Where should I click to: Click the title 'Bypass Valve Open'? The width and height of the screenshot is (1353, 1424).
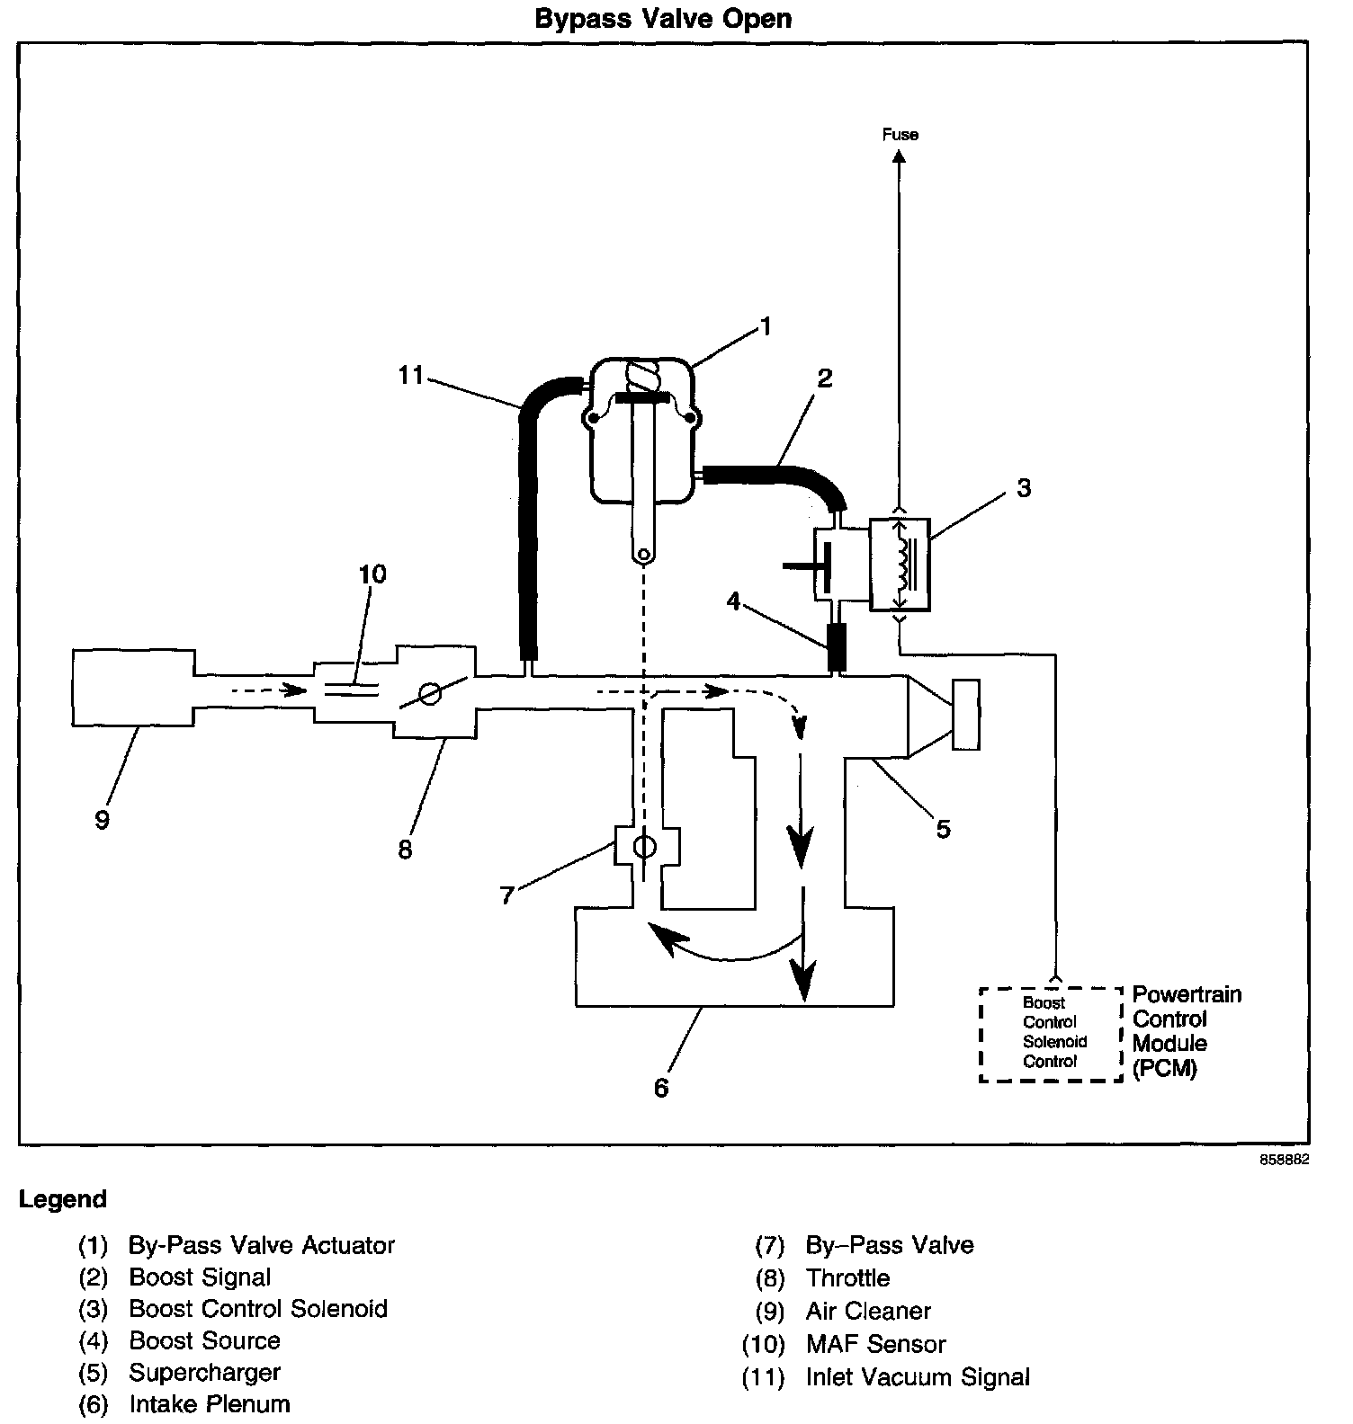click(x=663, y=19)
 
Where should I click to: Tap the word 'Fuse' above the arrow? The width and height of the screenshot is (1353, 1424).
click(x=900, y=135)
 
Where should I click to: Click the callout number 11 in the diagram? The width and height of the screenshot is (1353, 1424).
click(x=411, y=375)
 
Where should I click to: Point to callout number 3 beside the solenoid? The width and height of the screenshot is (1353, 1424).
click(x=1024, y=488)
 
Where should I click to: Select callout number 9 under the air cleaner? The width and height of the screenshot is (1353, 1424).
click(x=102, y=819)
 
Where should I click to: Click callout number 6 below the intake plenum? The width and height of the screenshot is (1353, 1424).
click(x=661, y=1088)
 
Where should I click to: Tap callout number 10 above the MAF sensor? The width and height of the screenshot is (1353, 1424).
click(x=372, y=574)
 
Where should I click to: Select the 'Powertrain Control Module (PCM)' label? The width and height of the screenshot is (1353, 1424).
click(x=1186, y=1031)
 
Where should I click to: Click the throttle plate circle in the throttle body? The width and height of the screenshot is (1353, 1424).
click(x=431, y=693)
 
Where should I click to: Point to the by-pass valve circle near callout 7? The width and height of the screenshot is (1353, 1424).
click(x=645, y=847)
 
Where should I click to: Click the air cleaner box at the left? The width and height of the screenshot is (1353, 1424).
click(x=133, y=687)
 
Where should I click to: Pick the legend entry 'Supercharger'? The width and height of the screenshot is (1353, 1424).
click(x=204, y=1372)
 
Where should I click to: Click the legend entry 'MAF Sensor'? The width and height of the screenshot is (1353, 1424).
click(x=875, y=1344)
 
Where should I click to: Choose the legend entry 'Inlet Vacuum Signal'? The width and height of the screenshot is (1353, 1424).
click(x=918, y=1376)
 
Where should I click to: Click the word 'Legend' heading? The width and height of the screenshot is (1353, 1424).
click(x=63, y=1199)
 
